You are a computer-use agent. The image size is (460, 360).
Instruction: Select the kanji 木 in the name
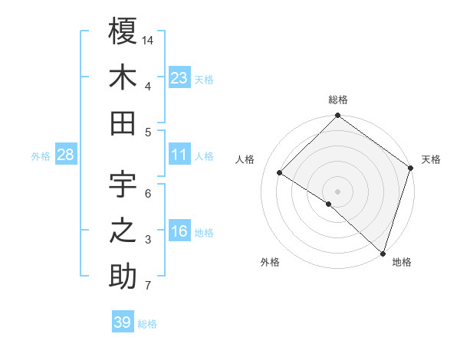123,78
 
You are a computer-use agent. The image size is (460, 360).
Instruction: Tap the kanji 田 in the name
123,123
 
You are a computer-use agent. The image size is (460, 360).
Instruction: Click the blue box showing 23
179,77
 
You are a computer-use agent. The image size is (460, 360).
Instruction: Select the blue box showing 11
179,155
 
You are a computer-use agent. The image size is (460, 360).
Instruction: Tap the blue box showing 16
179,232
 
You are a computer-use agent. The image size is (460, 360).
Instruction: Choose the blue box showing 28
66,155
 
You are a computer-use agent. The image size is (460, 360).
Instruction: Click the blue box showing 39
123,322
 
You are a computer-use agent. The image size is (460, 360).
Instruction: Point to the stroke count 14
149,39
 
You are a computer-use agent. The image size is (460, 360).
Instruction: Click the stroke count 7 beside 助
147,286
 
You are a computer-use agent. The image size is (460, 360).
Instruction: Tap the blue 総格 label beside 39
148,324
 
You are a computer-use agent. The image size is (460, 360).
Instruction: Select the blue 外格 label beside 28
41,156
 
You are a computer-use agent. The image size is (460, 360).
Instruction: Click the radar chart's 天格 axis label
431,159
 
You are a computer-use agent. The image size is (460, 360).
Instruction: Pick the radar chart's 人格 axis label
245,159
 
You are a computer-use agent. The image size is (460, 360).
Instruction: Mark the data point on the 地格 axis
383,253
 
